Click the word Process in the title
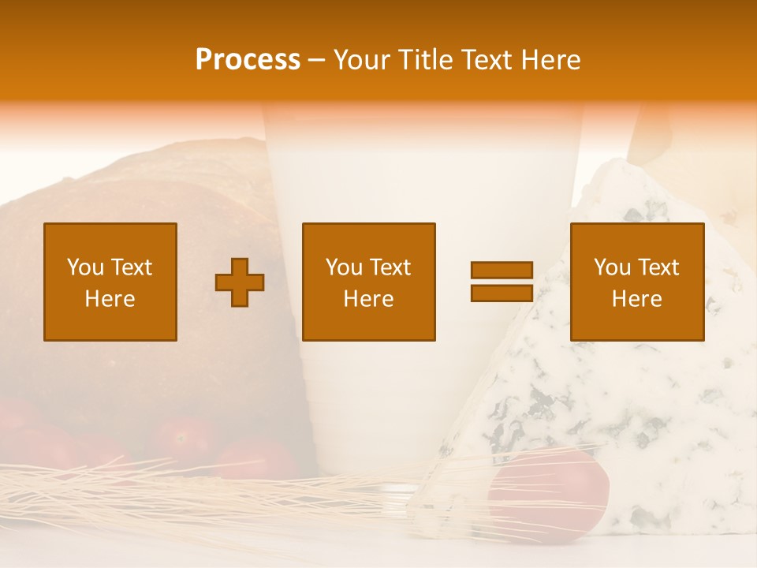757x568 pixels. tap(248, 60)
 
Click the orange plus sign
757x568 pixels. tap(240, 282)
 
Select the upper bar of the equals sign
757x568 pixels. tap(502, 270)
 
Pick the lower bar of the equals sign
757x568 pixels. tap(502, 293)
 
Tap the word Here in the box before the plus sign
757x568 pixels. tap(110, 299)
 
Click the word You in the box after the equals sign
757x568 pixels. tap(611, 267)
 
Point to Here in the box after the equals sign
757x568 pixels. tap(637, 299)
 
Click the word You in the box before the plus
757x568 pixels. tap(84, 267)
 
